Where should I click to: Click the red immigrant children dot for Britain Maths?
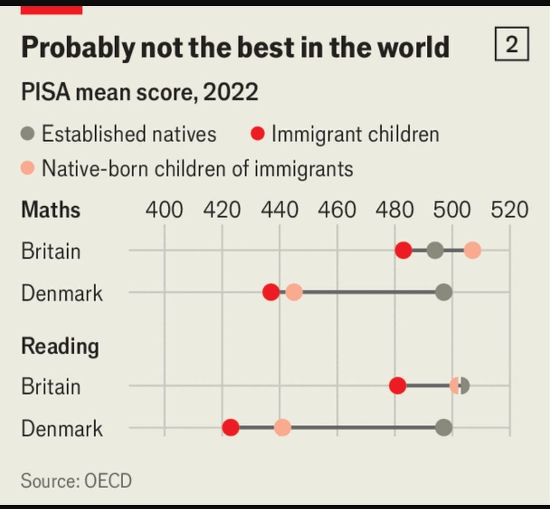pyautogui.click(x=403, y=250)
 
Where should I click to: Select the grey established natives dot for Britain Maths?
pyautogui.click(x=435, y=250)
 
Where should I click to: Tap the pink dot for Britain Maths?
pyautogui.click(x=472, y=251)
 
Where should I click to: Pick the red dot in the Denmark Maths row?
pyautogui.click(x=271, y=292)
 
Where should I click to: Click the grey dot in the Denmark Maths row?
pyautogui.click(x=443, y=292)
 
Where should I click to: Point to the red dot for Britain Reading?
pyautogui.click(x=398, y=386)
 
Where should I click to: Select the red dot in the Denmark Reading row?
pyautogui.click(x=230, y=428)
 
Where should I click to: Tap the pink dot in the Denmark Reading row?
pyautogui.click(x=282, y=428)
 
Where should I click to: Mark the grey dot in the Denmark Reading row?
pyautogui.click(x=443, y=428)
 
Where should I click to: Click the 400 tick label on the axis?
pyautogui.click(x=164, y=210)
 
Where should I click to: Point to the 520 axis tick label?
pyautogui.click(x=509, y=210)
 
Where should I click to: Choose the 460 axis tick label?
pyautogui.click(x=337, y=210)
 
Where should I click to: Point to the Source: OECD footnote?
pyautogui.click(x=76, y=480)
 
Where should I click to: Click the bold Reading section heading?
pyautogui.click(x=60, y=347)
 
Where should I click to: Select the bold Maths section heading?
pyautogui.click(x=51, y=210)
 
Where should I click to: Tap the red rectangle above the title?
pyautogui.click(x=51, y=10)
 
